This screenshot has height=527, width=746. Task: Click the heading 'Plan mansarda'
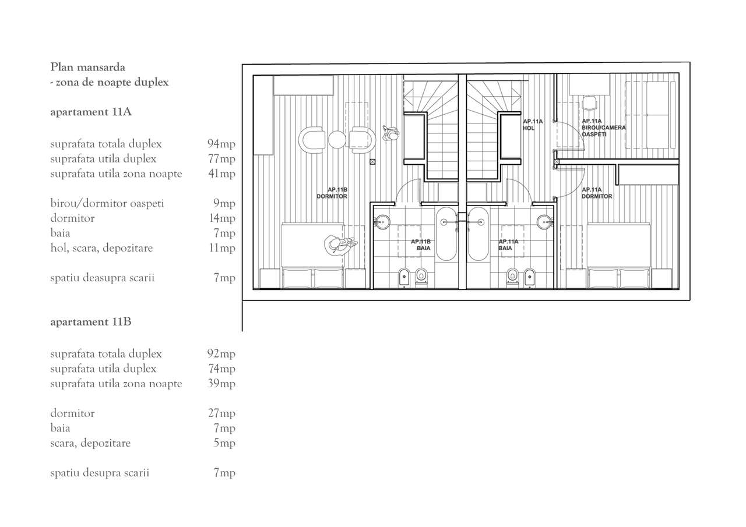87,67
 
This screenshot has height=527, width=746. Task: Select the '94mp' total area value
221,144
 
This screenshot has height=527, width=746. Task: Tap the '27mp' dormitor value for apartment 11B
221,413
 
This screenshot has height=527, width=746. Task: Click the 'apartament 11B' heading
90,321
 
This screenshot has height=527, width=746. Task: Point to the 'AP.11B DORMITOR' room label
332,193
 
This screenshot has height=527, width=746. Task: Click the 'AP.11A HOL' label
533,125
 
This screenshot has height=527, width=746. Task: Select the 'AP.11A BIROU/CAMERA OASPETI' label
603,128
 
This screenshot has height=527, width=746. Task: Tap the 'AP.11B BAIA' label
421,245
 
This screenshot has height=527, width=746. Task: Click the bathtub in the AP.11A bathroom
478,234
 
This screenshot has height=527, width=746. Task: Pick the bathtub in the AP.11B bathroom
446,234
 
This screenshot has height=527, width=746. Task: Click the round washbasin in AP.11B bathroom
382,222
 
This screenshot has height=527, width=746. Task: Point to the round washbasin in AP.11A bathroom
544,222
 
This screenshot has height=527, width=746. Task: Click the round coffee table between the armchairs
337,140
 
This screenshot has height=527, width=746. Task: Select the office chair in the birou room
589,103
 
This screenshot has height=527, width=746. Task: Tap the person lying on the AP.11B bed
340,245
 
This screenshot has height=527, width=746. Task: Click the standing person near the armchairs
390,134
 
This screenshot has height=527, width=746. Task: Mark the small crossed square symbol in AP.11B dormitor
372,162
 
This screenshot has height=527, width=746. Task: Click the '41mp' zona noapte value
221,174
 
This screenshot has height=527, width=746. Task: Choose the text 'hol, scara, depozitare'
101,248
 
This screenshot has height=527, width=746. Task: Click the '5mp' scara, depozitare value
224,443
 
